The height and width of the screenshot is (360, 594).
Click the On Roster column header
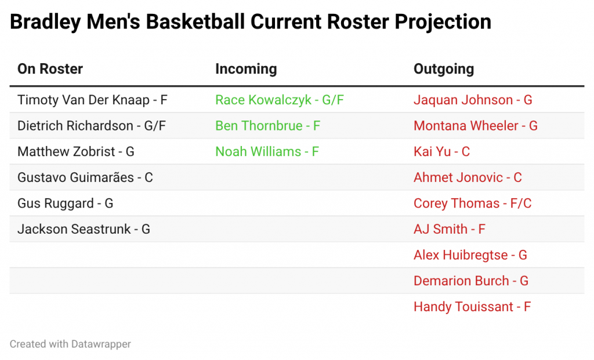coord(50,69)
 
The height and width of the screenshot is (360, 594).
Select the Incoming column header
coord(246,69)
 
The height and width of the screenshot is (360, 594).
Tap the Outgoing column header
coord(444,69)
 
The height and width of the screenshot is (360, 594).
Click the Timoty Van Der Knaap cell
coord(92,100)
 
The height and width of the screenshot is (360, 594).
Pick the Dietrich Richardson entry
coord(92,126)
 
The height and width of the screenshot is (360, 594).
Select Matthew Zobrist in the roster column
coord(76,151)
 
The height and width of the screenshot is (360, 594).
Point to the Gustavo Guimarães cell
coord(85,177)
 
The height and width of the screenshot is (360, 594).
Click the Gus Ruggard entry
coord(65,203)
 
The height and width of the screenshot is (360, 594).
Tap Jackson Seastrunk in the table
coord(84,229)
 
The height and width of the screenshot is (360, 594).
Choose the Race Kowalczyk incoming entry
coord(280,100)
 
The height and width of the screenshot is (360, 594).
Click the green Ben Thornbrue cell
coord(268,126)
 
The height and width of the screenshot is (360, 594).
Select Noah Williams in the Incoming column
coord(267,151)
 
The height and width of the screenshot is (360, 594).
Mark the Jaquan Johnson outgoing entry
coord(473,100)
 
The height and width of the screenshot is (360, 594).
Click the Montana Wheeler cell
coord(476,126)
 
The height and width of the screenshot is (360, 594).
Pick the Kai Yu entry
coord(441,151)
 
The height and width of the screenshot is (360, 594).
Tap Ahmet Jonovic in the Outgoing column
coord(468,177)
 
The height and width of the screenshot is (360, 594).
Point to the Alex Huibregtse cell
coord(470,255)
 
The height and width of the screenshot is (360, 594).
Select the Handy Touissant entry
coord(472,307)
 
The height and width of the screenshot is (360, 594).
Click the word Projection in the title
coord(443,22)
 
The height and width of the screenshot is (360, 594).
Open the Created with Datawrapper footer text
coord(70,344)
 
